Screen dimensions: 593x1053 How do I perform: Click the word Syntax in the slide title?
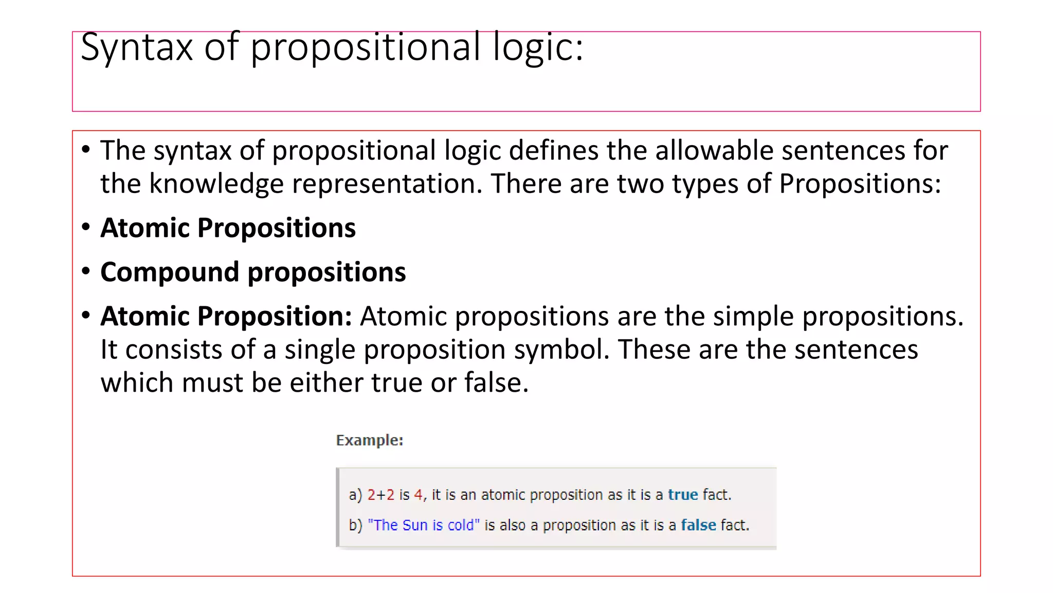click(x=136, y=47)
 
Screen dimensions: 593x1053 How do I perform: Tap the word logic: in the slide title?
click(x=538, y=47)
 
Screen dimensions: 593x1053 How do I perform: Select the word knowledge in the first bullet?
click(x=216, y=184)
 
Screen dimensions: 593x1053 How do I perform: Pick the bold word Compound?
click(x=170, y=272)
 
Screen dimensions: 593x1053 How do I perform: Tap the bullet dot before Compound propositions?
click(x=86, y=271)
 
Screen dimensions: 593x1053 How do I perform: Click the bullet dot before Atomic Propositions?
click(x=86, y=226)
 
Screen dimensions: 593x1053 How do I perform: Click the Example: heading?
click(x=370, y=440)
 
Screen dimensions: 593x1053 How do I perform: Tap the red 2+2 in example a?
click(x=381, y=495)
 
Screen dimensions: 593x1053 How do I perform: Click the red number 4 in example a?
click(x=419, y=495)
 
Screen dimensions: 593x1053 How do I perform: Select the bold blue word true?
click(x=683, y=495)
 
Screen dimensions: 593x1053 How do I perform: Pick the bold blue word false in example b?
click(x=698, y=525)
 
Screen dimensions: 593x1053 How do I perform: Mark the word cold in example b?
click(x=461, y=525)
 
